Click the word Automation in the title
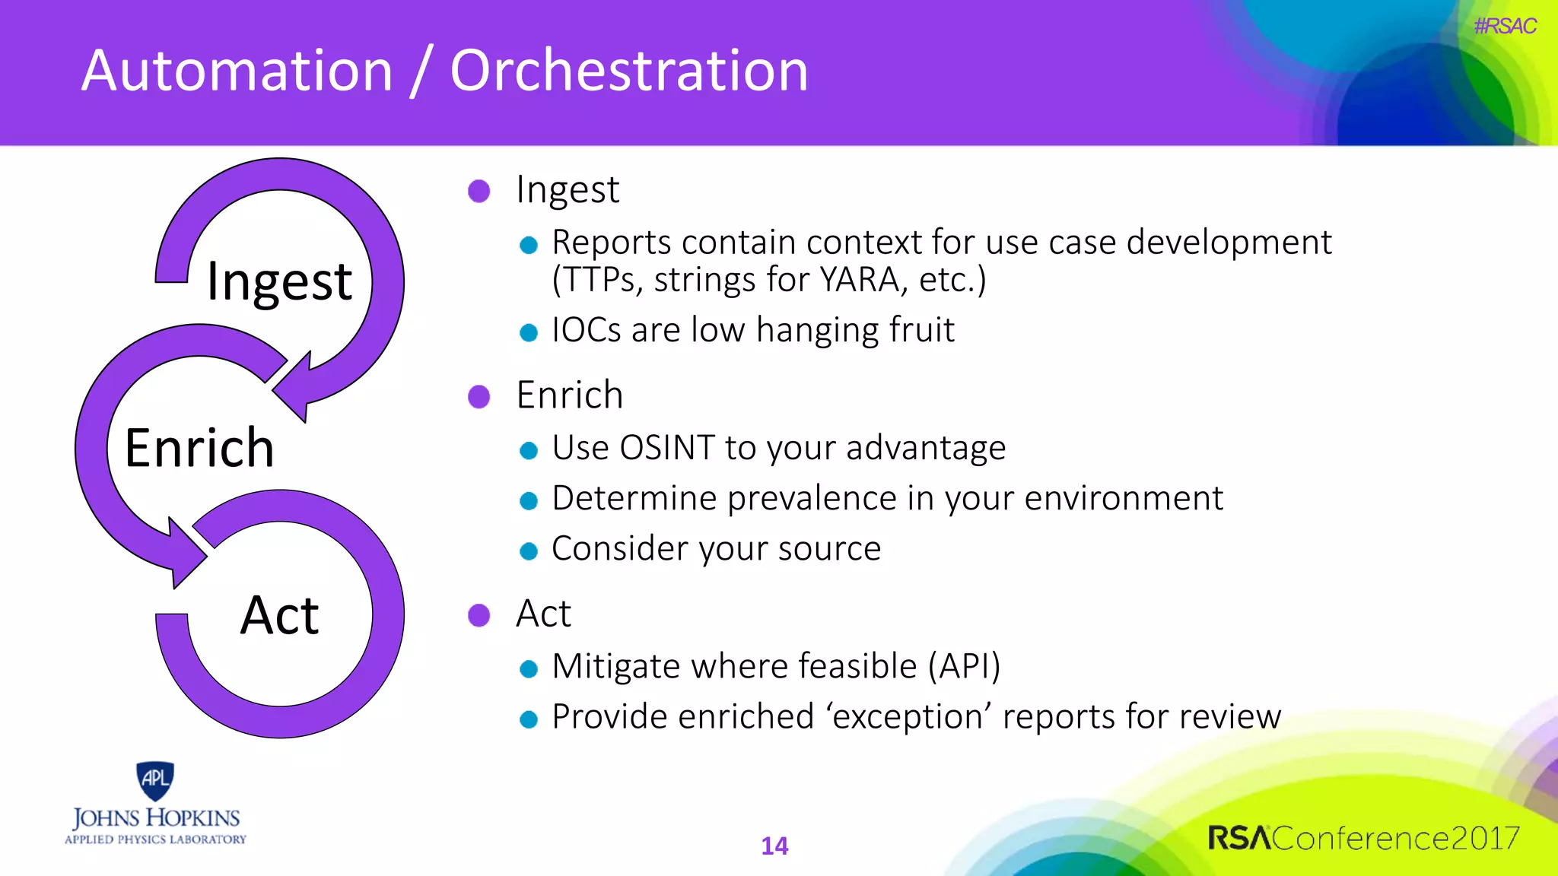[237, 71]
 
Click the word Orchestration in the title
[628, 71]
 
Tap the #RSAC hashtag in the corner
[1504, 26]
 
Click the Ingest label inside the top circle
[279, 281]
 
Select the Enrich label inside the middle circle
[199, 448]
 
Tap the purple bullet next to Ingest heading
[479, 191]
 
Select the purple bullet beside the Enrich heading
[479, 396]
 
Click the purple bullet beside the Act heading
[479, 614]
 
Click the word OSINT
[666, 448]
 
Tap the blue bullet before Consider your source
[529, 551]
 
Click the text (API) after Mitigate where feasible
[964, 666]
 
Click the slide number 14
[774, 846]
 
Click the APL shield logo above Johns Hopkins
[155, 780]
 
